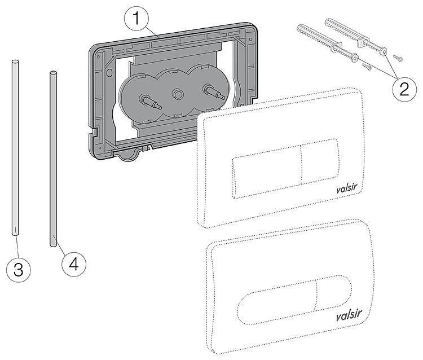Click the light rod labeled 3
tap(14, 147)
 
